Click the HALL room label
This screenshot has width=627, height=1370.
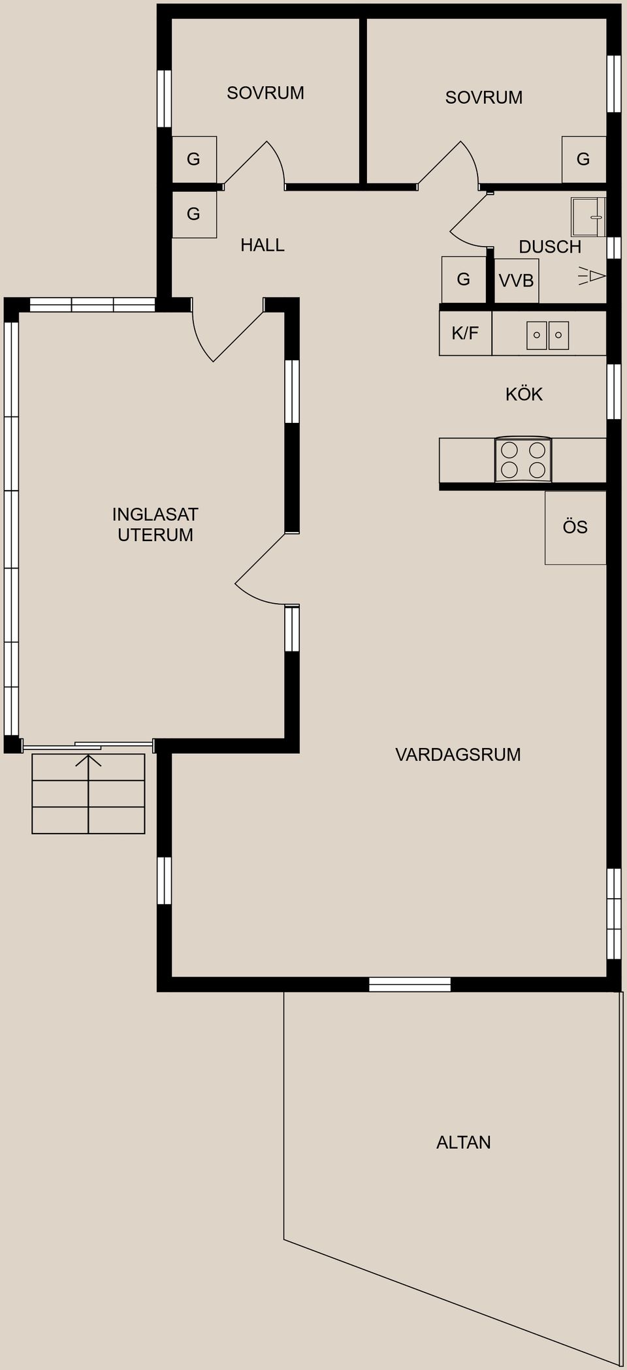262,245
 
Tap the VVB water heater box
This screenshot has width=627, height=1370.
517,281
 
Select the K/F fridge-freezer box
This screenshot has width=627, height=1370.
465,334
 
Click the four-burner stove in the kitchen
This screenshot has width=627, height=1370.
522,459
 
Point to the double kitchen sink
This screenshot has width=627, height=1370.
547,335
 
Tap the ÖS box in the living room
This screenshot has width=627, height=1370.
575,527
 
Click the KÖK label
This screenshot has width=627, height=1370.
524,394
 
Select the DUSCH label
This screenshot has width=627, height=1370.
550,247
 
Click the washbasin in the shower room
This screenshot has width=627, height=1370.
588,216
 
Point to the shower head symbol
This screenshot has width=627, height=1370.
593,277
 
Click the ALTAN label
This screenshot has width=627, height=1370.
464,1142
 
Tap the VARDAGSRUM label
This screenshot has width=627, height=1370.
458,755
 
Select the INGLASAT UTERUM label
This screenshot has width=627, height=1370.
155,525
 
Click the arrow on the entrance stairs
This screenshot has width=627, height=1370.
89,761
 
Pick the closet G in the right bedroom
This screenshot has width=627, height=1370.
583,159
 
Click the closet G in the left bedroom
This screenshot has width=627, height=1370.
193,159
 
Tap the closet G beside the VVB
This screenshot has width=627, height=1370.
463,279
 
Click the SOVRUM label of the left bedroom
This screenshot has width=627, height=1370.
265,93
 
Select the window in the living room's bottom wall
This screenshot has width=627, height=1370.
410,984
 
